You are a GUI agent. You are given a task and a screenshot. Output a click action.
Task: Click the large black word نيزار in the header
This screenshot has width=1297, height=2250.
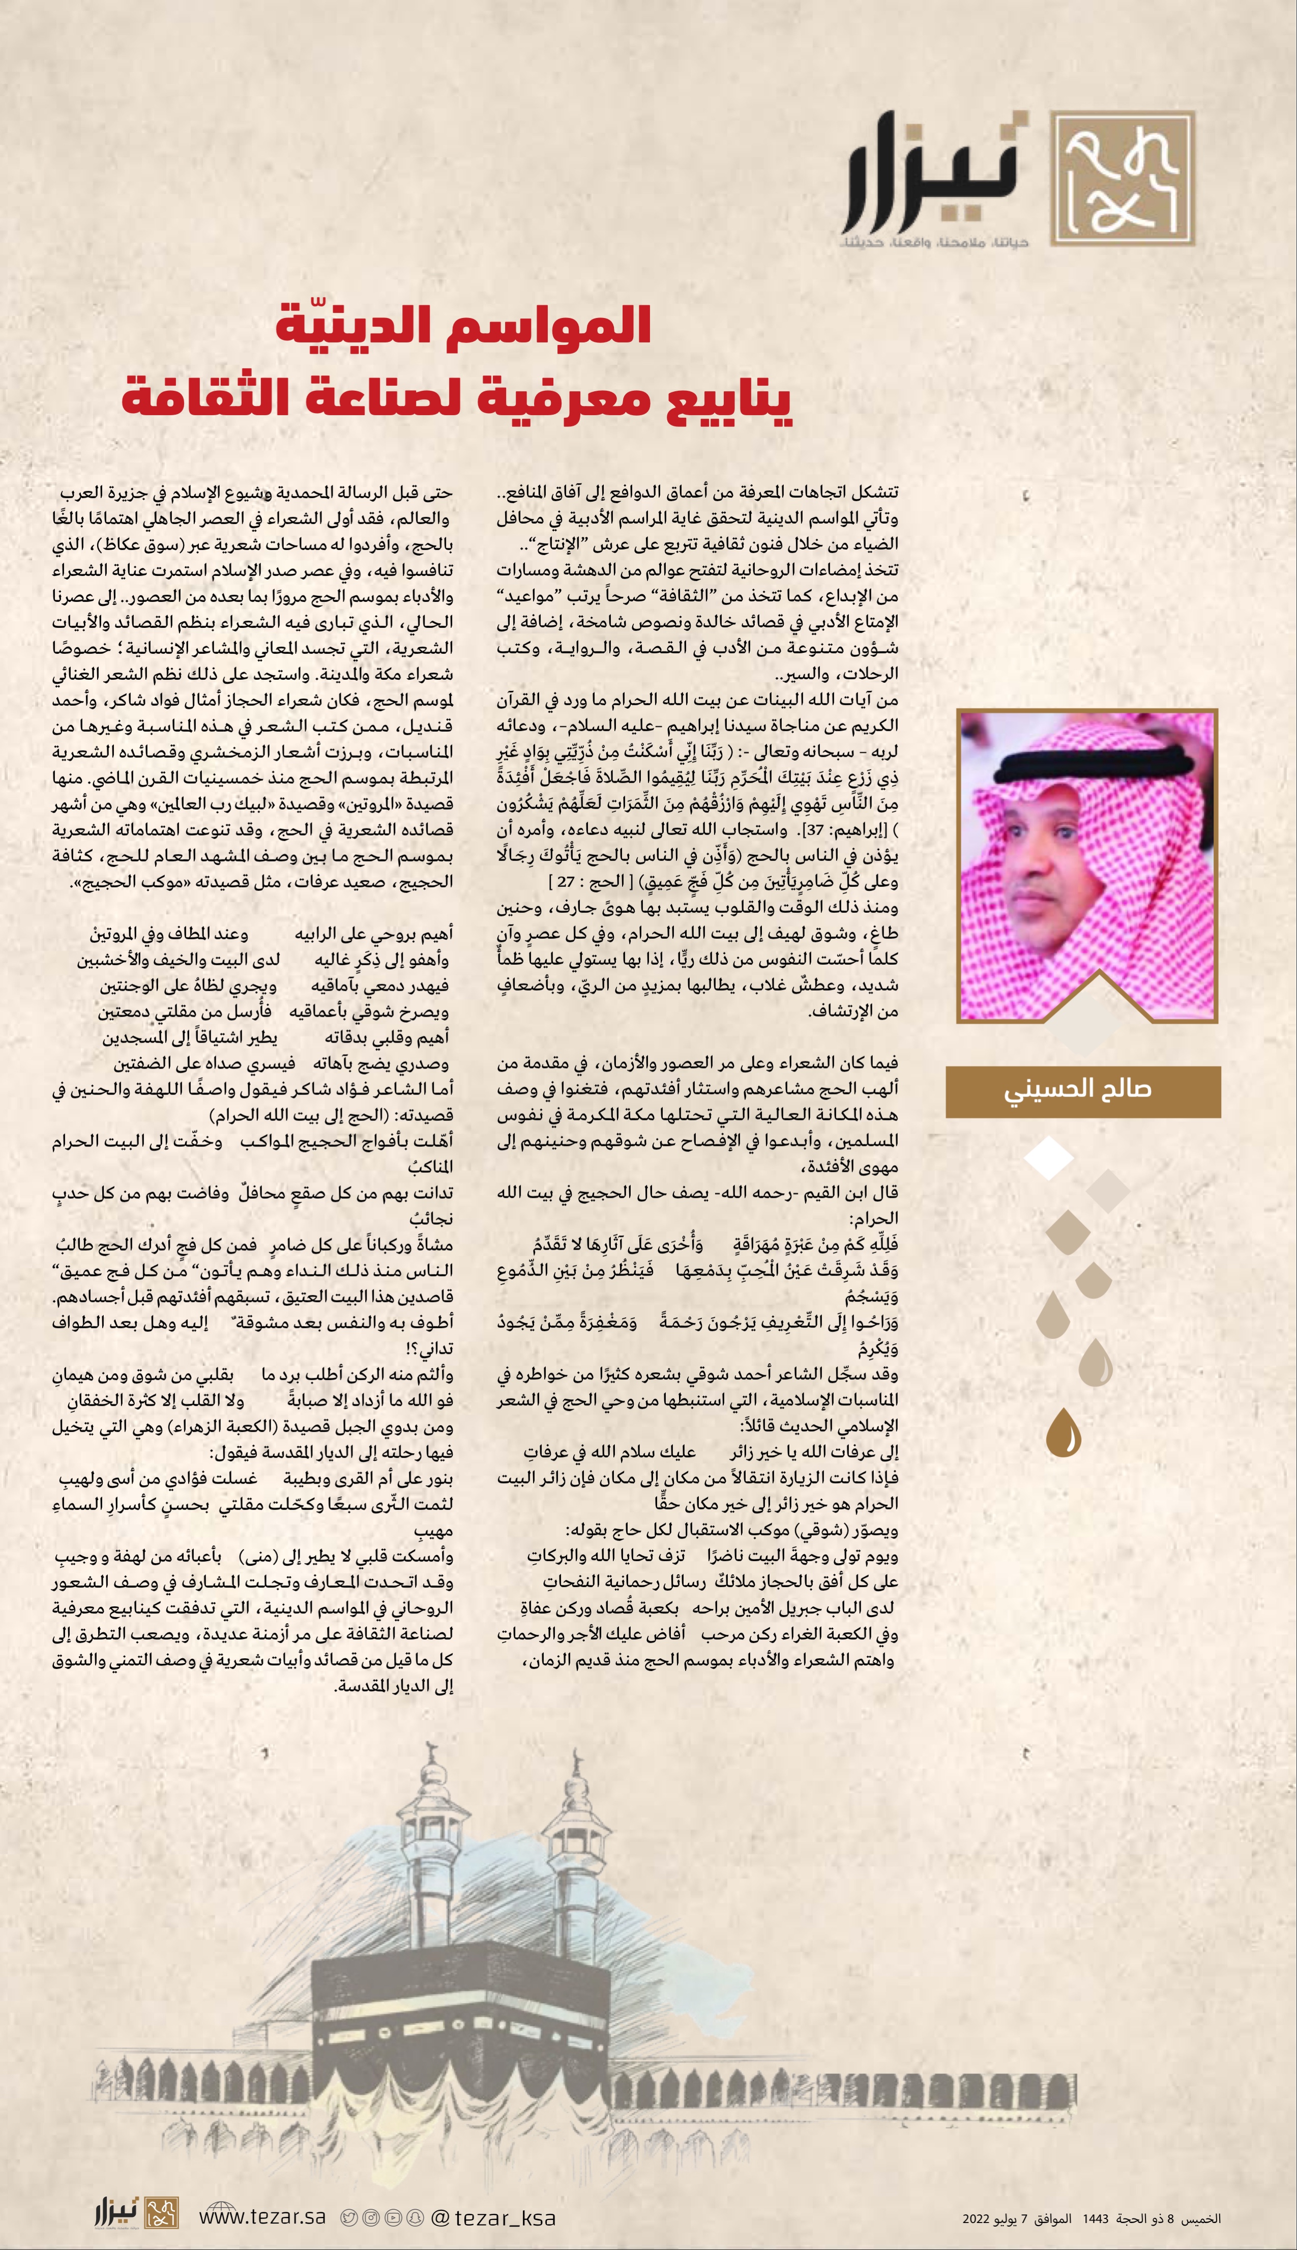pos(935,175)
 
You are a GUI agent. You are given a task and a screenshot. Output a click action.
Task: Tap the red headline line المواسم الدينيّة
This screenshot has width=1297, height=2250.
pos(463,326)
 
